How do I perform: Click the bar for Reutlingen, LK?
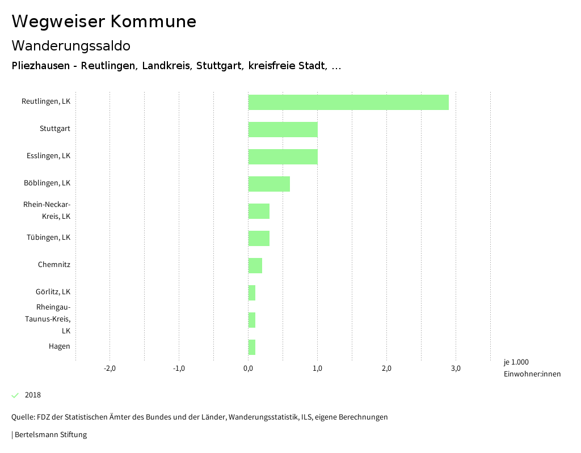point(348,102)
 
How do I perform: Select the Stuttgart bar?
point(283,129)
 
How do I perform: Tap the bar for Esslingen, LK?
point(283,156)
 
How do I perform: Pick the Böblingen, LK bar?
point(269,184)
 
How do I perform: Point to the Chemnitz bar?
point(255,265)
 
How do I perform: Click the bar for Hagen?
point(251,347)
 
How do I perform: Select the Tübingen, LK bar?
point(259,238)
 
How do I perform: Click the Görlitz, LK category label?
point(53,292)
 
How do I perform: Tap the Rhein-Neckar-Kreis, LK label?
point(47,210)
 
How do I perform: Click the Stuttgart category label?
point(55,129)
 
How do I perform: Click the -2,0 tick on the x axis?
point(110,369)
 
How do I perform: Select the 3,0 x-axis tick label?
point(456,369)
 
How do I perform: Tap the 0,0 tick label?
point(248,369)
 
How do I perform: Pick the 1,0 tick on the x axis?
point(317,369)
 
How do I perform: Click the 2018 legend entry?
point(32,395)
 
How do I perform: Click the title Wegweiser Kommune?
point(104,22)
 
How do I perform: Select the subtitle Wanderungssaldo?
point(71,45)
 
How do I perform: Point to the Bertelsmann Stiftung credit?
point(50,435)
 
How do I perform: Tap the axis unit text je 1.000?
point(516,362)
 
